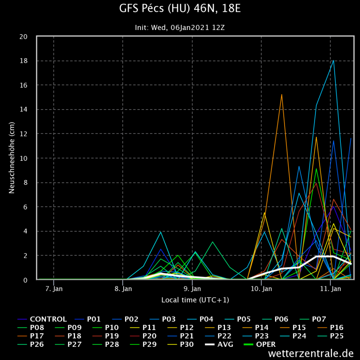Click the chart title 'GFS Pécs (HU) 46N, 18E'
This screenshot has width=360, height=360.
point(180,9)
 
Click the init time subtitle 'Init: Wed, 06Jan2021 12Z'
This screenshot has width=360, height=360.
point(180,28)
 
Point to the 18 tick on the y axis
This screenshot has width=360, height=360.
point(27,61)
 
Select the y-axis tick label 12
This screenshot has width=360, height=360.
point(27,134)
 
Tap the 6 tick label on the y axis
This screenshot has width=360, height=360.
point(29,207)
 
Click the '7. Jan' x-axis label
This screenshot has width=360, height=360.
point(54,289)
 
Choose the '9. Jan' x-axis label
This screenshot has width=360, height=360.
point(192,289)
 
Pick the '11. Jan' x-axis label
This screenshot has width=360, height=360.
point(331,289)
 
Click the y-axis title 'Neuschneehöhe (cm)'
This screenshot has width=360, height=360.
point(12,158)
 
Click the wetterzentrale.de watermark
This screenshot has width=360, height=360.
point(311,353)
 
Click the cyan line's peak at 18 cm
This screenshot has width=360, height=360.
point(333,60)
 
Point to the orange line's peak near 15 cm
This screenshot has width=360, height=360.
point(282,95)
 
